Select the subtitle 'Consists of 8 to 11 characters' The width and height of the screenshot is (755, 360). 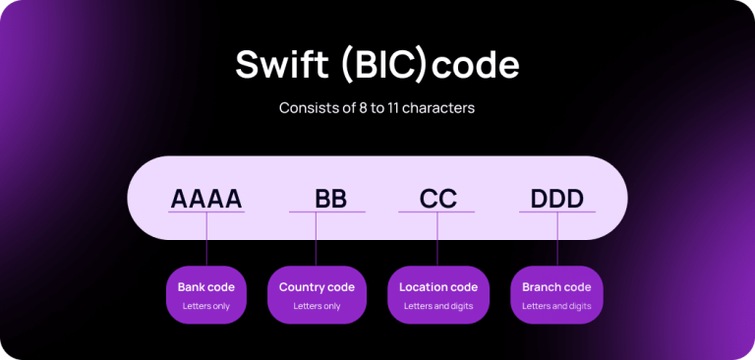tap(377, 107)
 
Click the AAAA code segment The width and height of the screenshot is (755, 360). tap(206, 199)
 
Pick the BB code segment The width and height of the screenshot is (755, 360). tap(330, 199)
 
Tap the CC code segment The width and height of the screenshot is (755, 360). tap(437, 199)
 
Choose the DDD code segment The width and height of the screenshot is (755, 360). tap(557, 199)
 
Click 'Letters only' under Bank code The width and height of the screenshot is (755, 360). tap(206, 306)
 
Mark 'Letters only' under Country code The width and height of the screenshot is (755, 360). tap(317, 306)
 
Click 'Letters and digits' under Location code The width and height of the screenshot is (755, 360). tap(438, 306)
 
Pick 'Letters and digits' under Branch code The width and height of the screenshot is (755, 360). tap(556, 306)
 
